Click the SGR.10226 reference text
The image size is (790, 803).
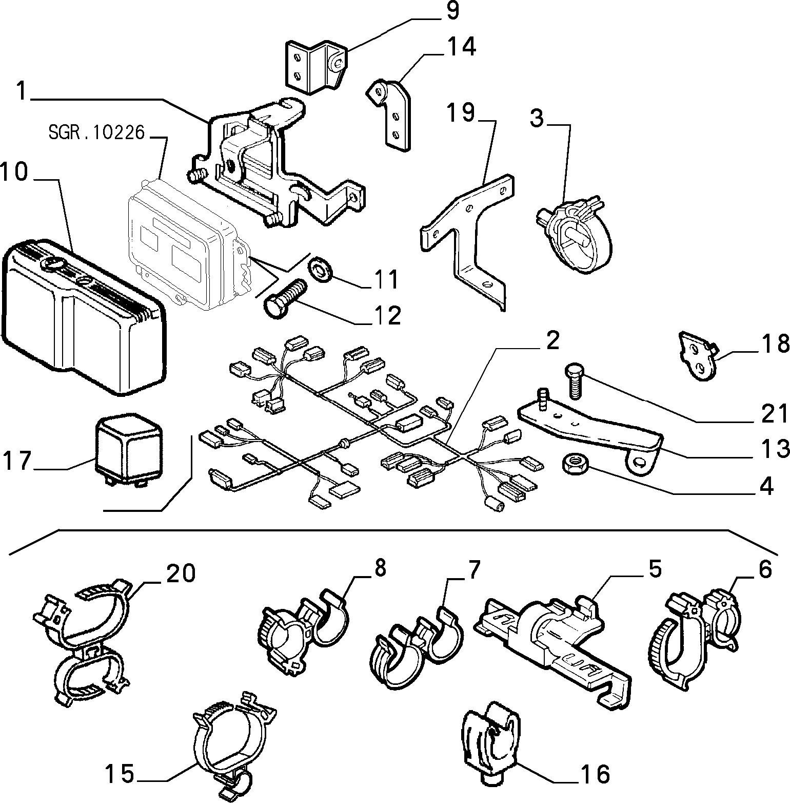pos(97,132)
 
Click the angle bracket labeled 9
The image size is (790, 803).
pos(314,67)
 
